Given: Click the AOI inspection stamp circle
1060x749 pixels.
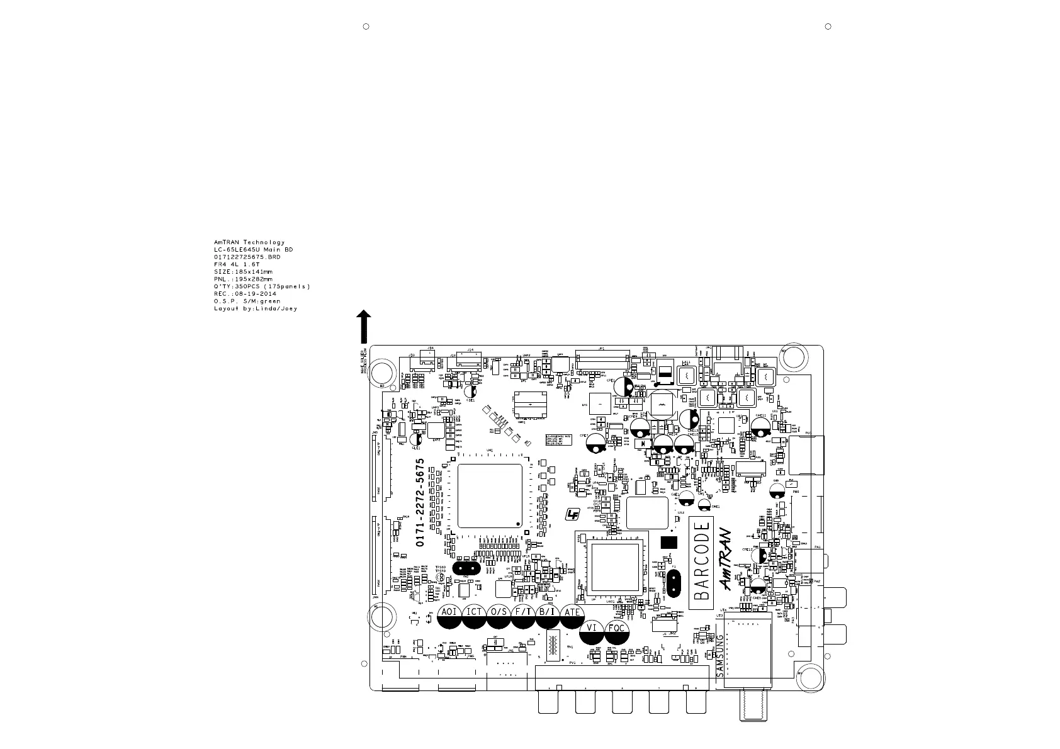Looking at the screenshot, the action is tap(449, 616).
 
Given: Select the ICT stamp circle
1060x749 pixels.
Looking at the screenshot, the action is tap(474, 616).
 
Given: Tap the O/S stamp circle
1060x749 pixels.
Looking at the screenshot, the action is tap(499, 616).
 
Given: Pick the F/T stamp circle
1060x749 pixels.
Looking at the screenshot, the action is tap(523, 616).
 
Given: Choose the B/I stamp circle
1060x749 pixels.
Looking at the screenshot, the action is tap(548, 616).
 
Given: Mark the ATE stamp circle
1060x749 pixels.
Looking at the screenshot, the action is tap(572, 616).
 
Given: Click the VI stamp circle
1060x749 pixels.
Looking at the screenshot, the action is tap(592, 632).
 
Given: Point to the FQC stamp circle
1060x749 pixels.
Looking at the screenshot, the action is tap(617, 632).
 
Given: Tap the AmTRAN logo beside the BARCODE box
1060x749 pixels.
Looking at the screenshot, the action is tap(726, 560).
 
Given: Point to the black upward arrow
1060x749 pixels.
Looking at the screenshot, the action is tap(363, 326).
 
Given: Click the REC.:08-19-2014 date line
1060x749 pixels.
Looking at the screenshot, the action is tap(245, 294).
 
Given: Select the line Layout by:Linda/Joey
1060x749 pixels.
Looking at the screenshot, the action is tap(255, 308).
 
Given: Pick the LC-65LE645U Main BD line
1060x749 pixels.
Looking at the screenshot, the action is tap(253, 250).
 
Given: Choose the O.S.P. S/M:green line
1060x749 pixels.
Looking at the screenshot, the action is tap(247, 301).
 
